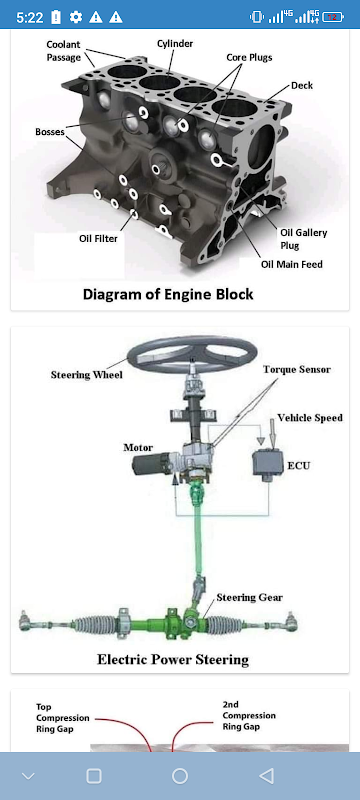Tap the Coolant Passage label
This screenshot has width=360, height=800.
tap(64, 51)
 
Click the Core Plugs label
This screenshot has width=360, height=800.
tap(249, 57)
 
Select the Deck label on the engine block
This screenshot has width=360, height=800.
tap(302, 85)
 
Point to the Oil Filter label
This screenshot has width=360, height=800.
tap(98, 238)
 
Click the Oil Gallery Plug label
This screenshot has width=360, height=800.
tap(303, 239)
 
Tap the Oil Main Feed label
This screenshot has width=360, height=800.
tap(292, 264)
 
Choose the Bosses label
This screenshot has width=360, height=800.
tap(50, 132)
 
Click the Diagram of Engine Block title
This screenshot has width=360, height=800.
tap(168, 294)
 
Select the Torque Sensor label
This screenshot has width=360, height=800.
tap(297, 369)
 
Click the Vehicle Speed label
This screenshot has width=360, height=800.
tap(310, 418)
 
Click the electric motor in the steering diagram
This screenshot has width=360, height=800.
tap(151, 465)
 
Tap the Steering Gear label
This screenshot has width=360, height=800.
tap(249, 597)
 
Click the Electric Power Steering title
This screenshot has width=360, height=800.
tap(173, 659)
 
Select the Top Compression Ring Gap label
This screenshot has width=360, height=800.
tap(62, 718)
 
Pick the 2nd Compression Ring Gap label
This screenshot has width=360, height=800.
tap(249, 715)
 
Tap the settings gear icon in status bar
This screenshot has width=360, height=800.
tap(76, 17)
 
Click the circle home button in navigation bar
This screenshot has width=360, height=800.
tap(180, 776)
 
